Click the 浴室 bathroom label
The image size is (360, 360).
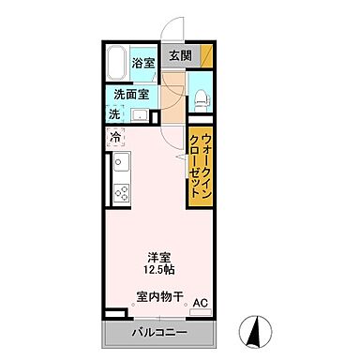[143, 63]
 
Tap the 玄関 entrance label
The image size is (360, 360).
[181, 55]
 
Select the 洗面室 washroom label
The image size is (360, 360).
[131, 94]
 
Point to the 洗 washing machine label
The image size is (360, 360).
[113, 114]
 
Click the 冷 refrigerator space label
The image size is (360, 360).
[115, 138]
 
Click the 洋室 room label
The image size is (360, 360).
[157, 256]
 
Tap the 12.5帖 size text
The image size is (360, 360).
[157, 271]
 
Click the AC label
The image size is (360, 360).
[200, 303]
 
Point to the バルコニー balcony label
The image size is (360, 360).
[157, 333]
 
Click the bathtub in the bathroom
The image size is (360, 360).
[117, 65]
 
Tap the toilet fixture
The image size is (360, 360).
[202, 97]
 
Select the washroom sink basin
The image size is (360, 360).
[140, 115]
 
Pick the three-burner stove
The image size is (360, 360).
[121, 194]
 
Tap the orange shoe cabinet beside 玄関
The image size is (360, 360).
[205, 55]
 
